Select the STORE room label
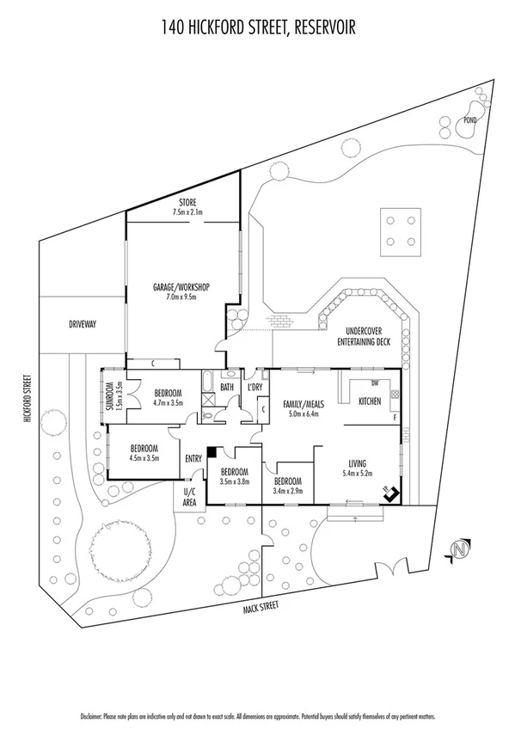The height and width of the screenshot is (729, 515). pos(182,203)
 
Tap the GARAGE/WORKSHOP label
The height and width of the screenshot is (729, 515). pos(181,286)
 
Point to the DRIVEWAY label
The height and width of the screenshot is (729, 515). pos(83,324)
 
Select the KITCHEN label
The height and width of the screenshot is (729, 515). pos(370,401)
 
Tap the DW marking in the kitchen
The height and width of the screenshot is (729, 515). pos(375,383)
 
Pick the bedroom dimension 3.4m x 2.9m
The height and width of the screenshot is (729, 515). pos(288,491)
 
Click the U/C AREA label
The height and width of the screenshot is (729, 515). pos(190,496)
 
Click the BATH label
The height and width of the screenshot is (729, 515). pos(227,388)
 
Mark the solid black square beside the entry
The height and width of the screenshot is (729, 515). pos(212,452)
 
